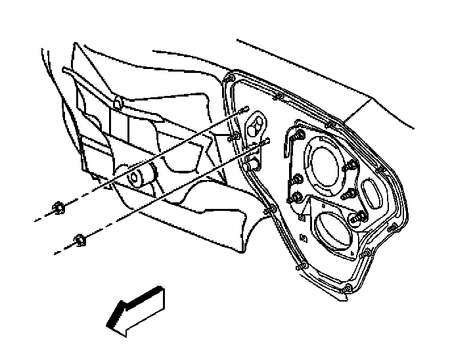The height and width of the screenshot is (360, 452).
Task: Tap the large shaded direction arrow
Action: (138, 309)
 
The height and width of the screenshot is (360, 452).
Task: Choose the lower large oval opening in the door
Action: (328, 227)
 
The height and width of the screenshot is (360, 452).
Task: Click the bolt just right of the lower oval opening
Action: (359, 217)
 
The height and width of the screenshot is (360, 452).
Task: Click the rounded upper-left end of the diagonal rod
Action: (64, 69)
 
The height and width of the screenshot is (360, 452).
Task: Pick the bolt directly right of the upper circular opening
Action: (350, 191)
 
